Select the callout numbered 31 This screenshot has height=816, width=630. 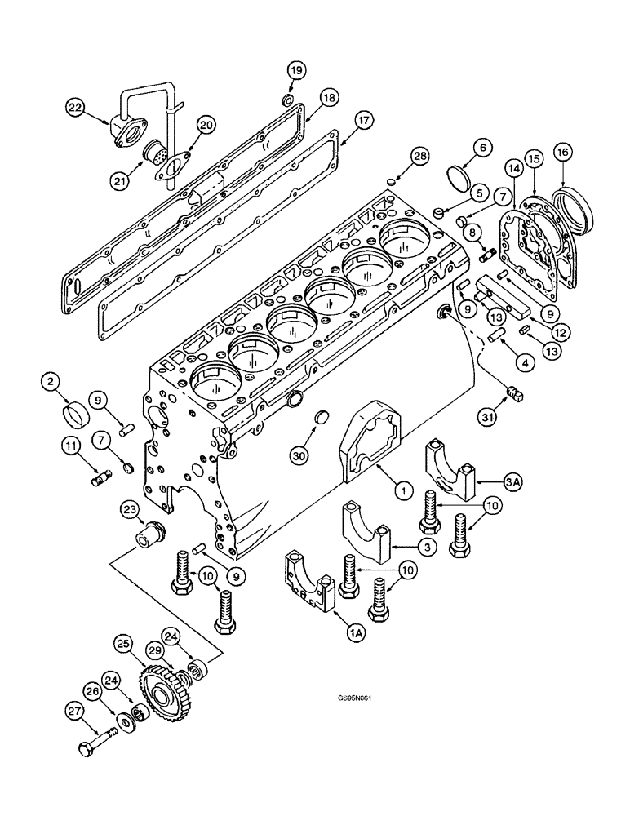[x=487, y=419]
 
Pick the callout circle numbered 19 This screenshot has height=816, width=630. [x=296, y=71]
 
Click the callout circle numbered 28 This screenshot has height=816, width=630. [x=419, y=156]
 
